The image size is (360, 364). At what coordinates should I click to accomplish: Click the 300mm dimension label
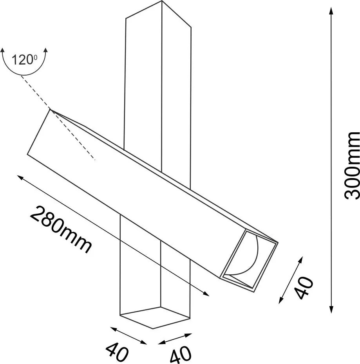352,166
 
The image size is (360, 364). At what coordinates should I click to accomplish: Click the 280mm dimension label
61,229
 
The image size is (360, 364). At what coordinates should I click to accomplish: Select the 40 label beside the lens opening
304,288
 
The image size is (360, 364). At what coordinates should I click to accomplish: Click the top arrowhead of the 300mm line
331,11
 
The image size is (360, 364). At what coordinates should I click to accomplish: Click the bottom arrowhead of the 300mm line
331,310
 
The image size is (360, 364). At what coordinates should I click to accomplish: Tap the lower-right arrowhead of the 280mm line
206,294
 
